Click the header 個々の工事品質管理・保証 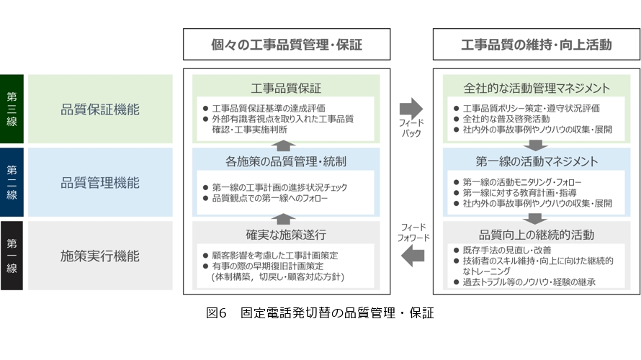287,45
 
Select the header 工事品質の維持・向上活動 537,45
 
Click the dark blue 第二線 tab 13,182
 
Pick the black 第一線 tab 13,255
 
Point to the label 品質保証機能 100,109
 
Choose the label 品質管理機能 100,183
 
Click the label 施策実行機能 100,255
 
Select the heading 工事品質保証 286,89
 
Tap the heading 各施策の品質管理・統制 286,161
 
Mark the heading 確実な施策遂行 286,234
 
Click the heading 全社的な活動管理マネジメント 537,89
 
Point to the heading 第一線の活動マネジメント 537,161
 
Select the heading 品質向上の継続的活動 537,234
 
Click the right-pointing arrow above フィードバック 411,108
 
